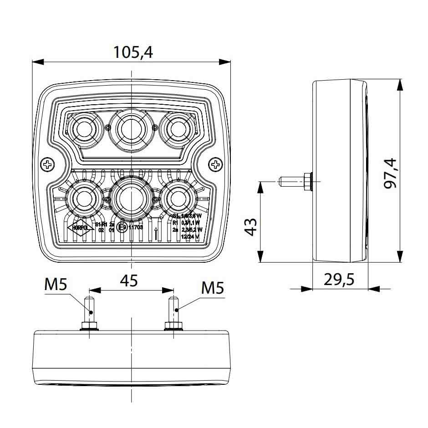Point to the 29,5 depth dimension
[339, 279]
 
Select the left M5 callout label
[56, 285]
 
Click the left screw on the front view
[47, 164]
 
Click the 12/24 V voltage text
[190, 237]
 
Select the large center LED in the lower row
[131, 198]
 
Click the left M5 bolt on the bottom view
[90, 312]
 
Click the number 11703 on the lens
[136, 227]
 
